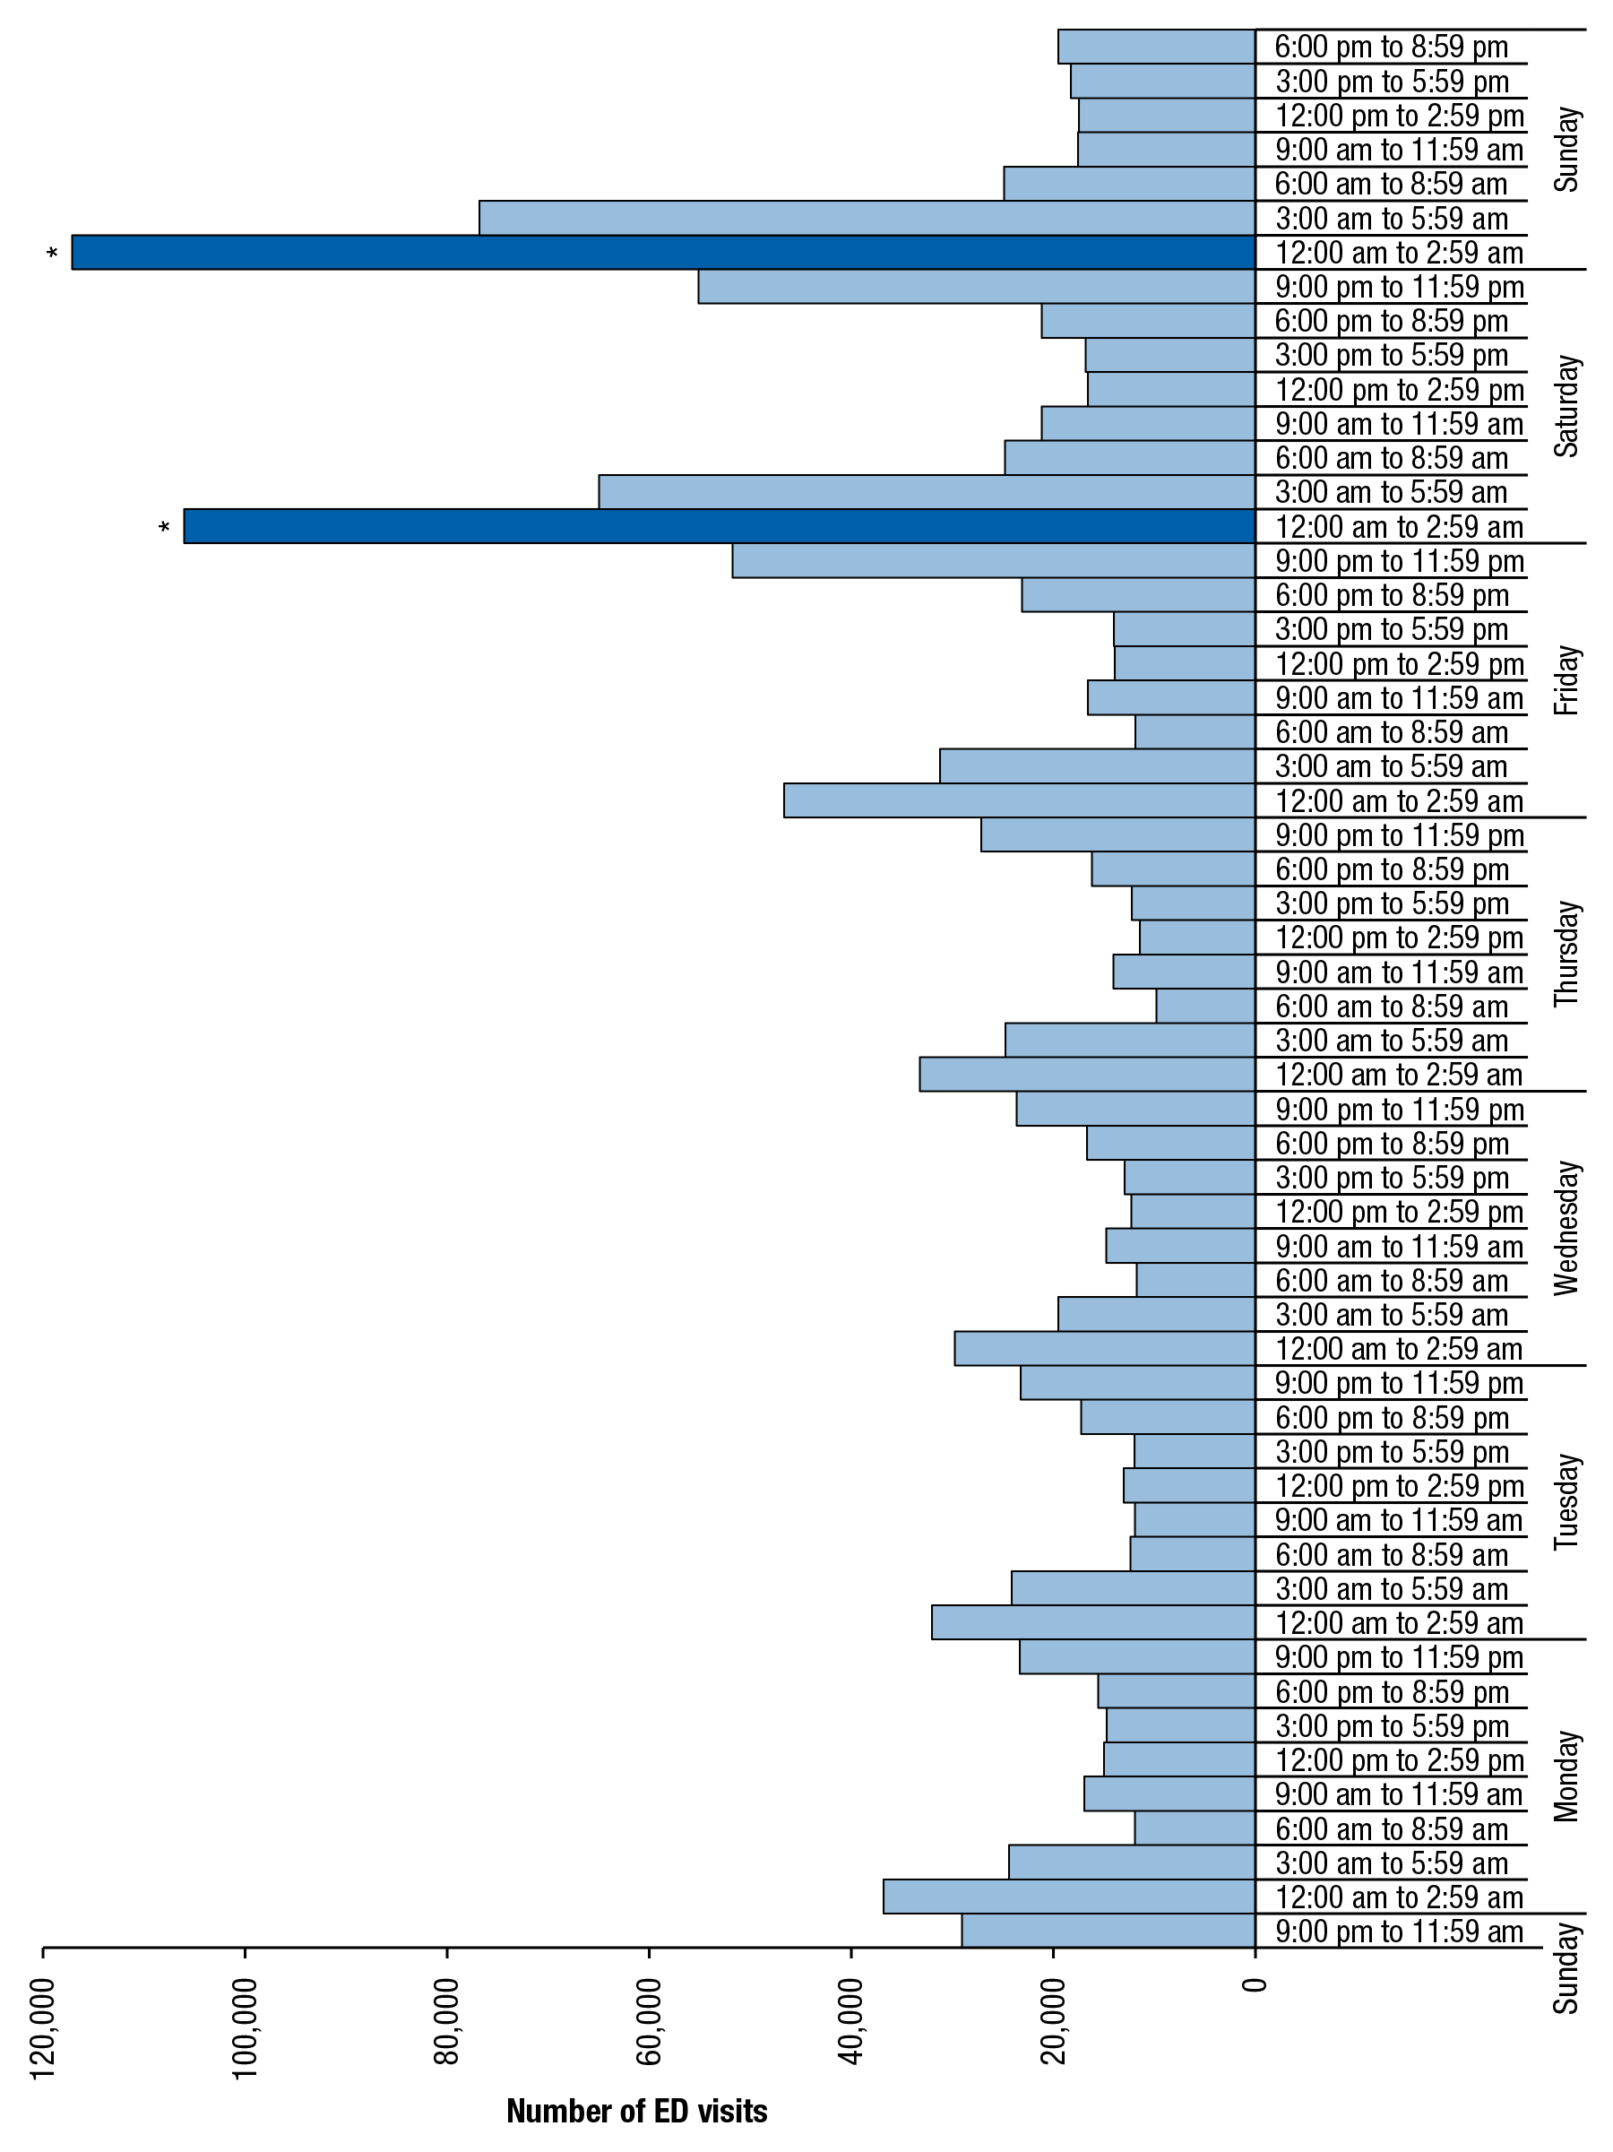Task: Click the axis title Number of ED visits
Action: coord(636,2110)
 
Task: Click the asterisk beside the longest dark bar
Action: coord(53,255)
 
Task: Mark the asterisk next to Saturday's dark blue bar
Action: coord(164,528)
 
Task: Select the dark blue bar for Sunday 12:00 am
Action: coord(661,252)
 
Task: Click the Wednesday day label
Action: coord(1566,1228)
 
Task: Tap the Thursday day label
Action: coord(1566,954)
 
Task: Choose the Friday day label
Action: coord(1566,680)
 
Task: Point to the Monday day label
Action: coord(1566,1776)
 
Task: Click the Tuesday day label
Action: coord(1566,1502)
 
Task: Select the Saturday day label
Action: coord(1566,406)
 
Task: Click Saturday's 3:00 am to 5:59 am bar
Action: coord(927,492)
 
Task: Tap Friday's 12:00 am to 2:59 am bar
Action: coord(1019,800)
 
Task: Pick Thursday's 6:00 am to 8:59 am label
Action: coord(1391,1007)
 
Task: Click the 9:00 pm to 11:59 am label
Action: coord(1398,1932)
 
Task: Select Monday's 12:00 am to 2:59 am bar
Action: coord(1068,1897)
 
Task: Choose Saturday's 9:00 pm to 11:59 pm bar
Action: coord(976,287)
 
